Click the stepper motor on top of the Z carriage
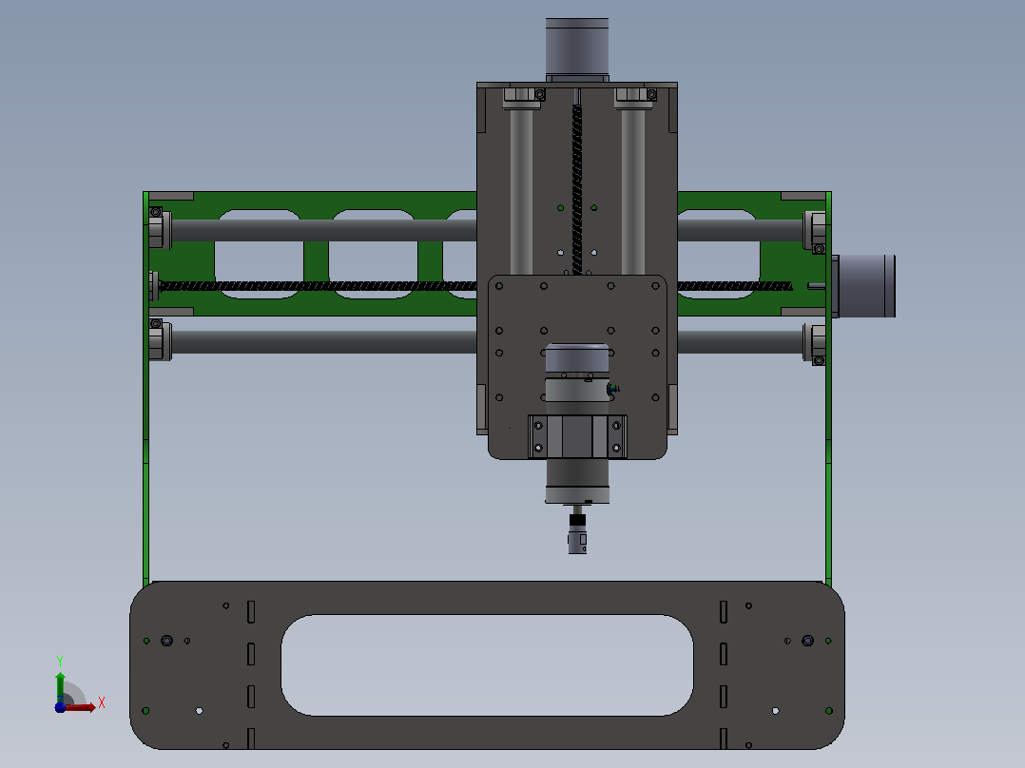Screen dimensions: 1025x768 pyautogui.click(x=577, y=48)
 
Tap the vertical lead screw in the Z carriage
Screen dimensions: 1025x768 pyautogui.click(x=577, y=189)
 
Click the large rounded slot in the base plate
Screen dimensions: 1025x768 pyautogui.click(x=487, y=664)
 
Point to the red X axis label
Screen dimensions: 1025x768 pyautogui.click(x=102, y=703)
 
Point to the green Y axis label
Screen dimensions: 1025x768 pyautogui.click(x=60, y=662)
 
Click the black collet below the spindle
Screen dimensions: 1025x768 pyautogui.click(x=577, y=520)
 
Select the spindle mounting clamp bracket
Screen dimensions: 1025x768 pyautogui.click(x=577, y=436)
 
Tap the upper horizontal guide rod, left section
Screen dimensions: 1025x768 pyautogui.click(x=324, y=230)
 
